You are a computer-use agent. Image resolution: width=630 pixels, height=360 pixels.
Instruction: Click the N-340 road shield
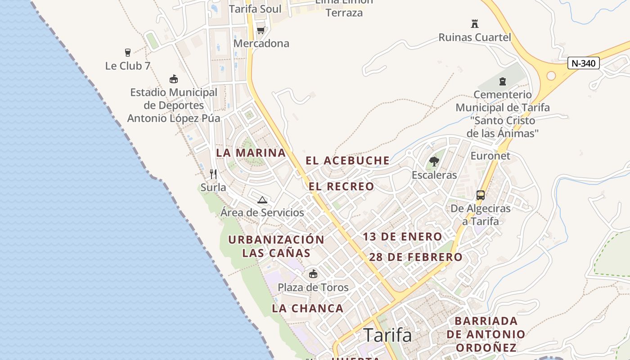tap(583, 63)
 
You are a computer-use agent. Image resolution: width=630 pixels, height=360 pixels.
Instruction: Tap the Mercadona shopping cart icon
tap(261, 31)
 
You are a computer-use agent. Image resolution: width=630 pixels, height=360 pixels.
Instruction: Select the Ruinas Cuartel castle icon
tap(474, 23)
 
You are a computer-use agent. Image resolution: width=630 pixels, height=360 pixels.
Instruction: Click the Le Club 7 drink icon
tap(128, 53)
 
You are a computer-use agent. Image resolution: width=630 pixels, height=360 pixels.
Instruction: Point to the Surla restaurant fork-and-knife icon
tap(213, 174)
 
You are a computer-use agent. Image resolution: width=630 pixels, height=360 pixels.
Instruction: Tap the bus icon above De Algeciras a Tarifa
tap(481, 195)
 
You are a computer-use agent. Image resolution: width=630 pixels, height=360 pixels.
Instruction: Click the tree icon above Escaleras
tap(434, 161)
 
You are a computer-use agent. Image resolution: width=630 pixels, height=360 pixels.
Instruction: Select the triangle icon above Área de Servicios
tap(262, 200)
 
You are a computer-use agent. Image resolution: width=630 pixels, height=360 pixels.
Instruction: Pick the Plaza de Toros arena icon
tap(313, 274)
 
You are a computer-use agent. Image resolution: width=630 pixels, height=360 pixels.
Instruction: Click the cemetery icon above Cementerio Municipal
tap(502, 81)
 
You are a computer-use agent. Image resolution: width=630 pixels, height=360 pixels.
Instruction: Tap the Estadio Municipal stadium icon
tap(174, 79)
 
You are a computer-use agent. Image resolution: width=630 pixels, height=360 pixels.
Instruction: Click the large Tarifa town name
tap(387, 335)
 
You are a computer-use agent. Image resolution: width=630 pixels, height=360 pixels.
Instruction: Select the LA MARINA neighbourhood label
tap(251, 153)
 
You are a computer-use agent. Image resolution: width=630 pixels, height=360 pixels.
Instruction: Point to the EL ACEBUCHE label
tap(348, 161)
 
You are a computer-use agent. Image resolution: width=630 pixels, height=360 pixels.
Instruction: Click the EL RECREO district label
tap(342, 186)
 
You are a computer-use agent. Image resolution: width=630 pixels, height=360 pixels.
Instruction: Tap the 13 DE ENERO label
tap(402, 237)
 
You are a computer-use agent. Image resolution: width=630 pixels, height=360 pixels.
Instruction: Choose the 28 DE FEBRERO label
tap(416, 257)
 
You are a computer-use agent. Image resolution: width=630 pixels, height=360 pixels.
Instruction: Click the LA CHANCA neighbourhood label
tap(308, 308)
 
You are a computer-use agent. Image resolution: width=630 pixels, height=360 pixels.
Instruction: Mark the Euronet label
tap(490, 156)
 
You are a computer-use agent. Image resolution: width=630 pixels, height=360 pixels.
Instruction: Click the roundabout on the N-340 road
tap(551, 76)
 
